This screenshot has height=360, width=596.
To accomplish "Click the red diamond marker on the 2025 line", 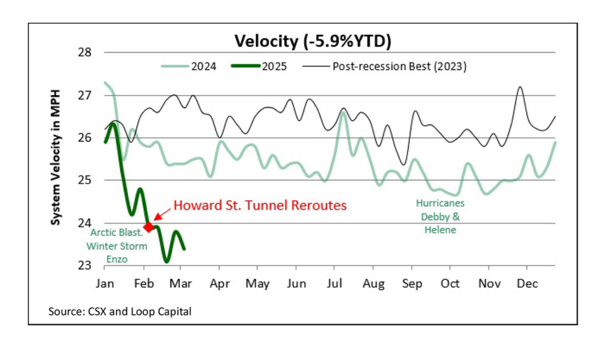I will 148,226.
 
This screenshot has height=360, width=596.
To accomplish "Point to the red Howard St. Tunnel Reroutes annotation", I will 260,205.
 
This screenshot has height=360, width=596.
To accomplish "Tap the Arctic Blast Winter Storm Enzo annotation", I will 118,245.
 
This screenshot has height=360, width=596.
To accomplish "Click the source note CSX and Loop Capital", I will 120,312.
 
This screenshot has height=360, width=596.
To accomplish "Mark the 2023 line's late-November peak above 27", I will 520,87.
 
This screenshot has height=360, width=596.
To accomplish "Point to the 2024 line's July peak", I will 343,113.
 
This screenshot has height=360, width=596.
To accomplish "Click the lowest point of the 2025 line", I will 166,261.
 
